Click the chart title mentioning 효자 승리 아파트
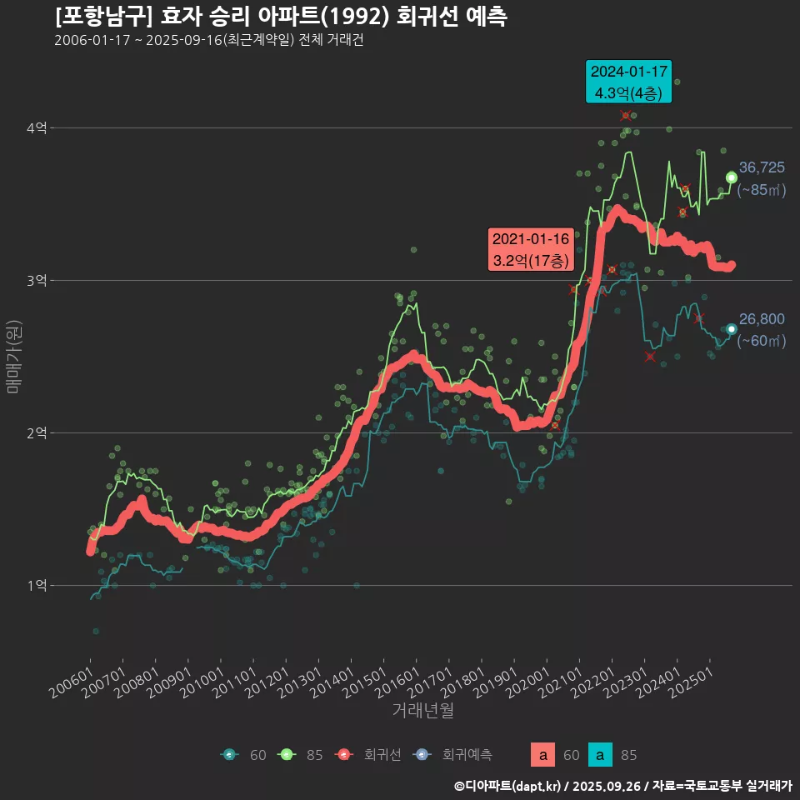[280, 17]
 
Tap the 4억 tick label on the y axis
[37, 128]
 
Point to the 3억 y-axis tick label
[37, 281]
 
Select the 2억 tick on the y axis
[37, 433]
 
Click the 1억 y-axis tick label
[37, 586]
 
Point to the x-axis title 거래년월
[423, 711]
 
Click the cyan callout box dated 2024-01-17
[628, 82]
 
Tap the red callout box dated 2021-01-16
[531, 249]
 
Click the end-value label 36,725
[762, 168]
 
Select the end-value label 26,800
[762, 320]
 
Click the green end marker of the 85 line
[731, 177]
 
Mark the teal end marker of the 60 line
[731, 329]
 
